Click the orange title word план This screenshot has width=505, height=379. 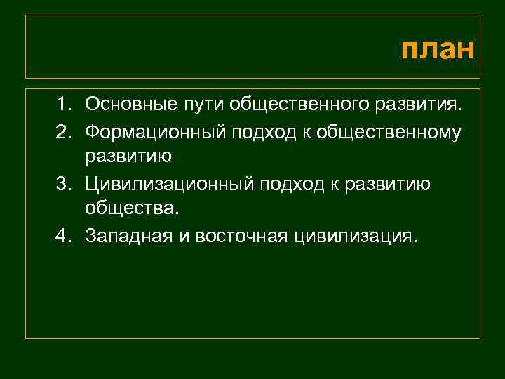[438, 51]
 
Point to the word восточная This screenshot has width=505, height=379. [241, 235]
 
